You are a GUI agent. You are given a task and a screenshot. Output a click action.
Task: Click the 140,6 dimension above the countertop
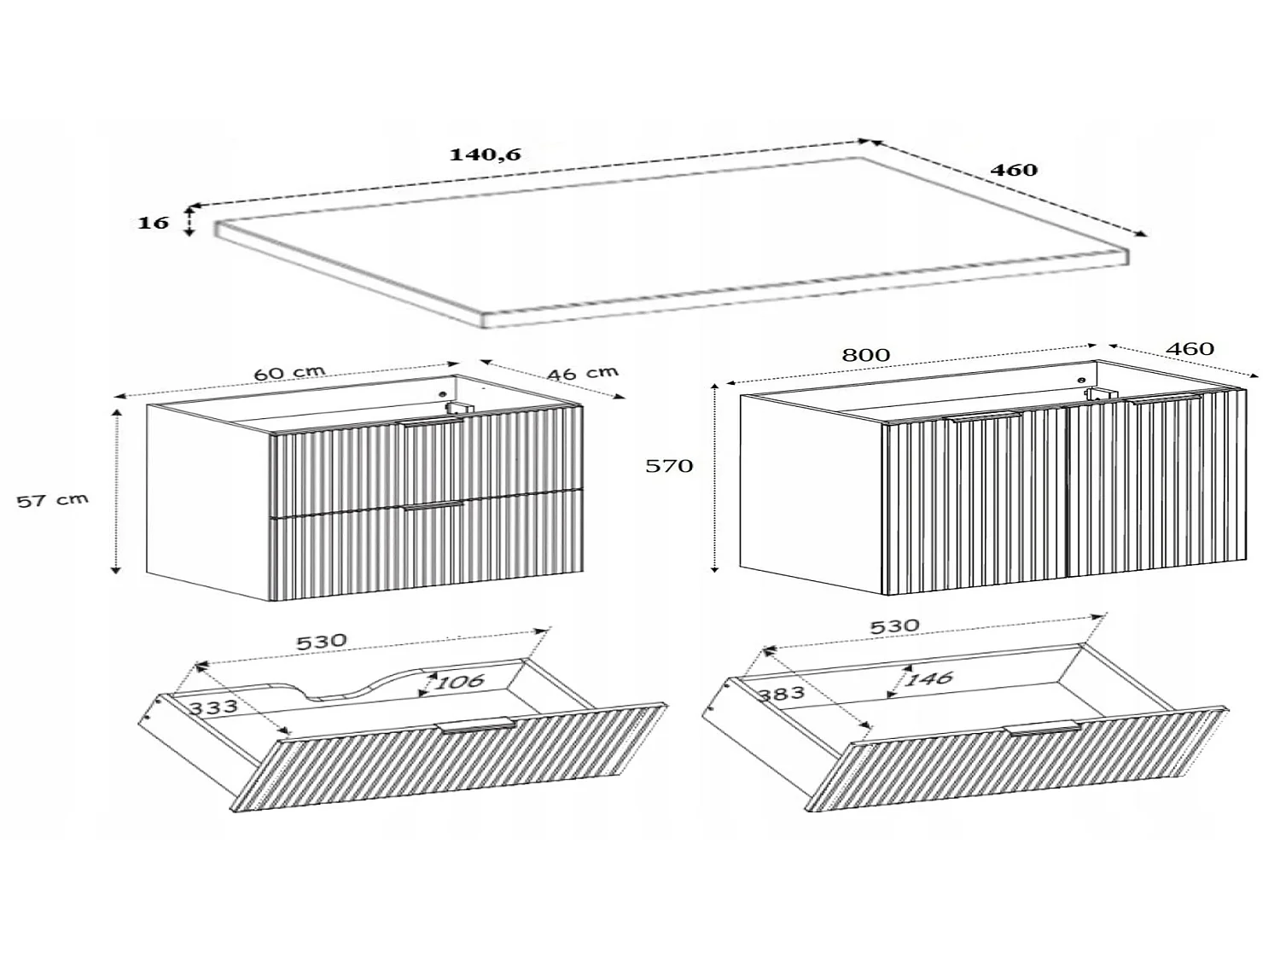[x=485, y=154]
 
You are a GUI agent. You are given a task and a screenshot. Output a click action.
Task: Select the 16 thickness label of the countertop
[x=153, y=223]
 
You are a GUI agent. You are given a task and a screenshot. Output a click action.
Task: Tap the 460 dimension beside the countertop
[x=1014, y=170]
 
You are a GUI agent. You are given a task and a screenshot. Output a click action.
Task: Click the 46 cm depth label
[x=583, y=373]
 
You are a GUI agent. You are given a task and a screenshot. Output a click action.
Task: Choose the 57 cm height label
[x=53, y=499]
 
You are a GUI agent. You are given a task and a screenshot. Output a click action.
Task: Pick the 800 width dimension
[x=866, y=355]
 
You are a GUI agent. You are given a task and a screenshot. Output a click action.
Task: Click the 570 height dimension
[x=669, y=465]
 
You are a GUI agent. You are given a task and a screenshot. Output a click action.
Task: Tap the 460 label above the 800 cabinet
[x=1190, y=348]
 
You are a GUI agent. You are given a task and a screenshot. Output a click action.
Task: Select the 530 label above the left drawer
[x=322, y=642]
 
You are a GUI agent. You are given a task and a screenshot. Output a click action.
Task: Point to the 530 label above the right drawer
[x=894, y=626]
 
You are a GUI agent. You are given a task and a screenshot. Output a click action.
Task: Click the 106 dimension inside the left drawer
[x=460, y=681]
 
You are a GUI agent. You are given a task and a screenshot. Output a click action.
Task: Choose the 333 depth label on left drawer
[x=213, y=707]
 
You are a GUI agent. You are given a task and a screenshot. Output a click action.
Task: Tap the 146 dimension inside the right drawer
[x=929, y=678]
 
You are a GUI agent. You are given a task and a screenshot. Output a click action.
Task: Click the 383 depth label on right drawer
[x=782, y=693]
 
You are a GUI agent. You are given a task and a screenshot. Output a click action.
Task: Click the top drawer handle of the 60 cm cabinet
[x=432, y=422]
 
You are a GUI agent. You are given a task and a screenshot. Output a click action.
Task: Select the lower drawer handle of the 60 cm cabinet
[x=433, y=505]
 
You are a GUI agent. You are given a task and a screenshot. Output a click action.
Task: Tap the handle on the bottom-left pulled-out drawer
[x=475, y=724]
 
